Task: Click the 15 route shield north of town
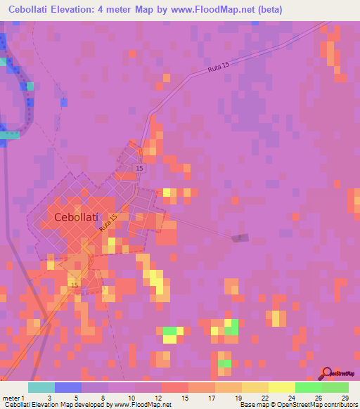[x=139, y=169]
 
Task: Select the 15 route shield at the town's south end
[x=74, y=285]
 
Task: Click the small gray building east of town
[x=241, y=238]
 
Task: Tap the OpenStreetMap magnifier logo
[x=328, y=373]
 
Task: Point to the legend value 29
[x=343, y=397]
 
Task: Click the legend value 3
[x=49, y=397]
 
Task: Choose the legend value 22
[x=263, y=397]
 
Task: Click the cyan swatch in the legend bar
[x=41, y=387]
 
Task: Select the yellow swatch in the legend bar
[x=281, y=387]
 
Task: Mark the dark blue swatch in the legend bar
[x=68, y=387]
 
